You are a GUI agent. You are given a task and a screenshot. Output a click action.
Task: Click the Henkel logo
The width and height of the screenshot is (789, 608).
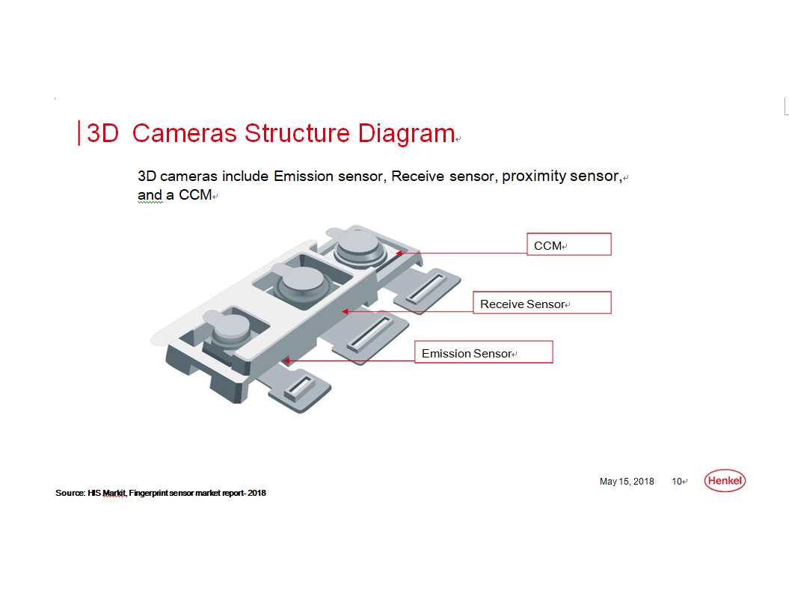tap(725, 481)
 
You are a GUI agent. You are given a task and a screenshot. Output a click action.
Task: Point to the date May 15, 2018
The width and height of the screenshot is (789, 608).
tap(627, 482)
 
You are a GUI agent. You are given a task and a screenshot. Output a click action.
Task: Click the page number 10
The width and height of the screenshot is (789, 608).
tap(677, 482)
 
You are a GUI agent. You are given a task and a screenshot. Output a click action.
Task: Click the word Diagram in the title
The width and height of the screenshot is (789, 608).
tap(406, 133)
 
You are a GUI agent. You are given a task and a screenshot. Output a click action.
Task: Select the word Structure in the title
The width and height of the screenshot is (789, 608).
tap(297, 133)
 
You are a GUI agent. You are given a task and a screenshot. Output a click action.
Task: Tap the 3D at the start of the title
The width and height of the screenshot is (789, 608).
tap(102, 133)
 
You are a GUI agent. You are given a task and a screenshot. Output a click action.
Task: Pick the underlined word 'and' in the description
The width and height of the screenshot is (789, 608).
tap(150, 195)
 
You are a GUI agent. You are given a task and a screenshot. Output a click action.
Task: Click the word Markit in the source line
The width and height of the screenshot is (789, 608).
tap(114, 494)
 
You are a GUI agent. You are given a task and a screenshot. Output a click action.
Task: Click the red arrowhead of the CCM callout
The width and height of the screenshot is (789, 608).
tap(399, 254)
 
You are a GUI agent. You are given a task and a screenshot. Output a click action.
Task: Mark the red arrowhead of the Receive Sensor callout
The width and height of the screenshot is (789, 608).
tap(346, 312)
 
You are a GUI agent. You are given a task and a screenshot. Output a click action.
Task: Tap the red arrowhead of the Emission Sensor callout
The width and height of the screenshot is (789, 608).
tap(287, 360)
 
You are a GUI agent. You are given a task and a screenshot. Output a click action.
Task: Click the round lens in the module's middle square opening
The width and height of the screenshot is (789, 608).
tap(303, 282)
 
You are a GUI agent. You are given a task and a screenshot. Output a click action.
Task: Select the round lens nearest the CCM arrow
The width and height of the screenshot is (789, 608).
tap(359, 246)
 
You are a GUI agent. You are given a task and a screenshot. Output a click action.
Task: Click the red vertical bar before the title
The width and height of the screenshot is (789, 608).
tap(79, 133)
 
